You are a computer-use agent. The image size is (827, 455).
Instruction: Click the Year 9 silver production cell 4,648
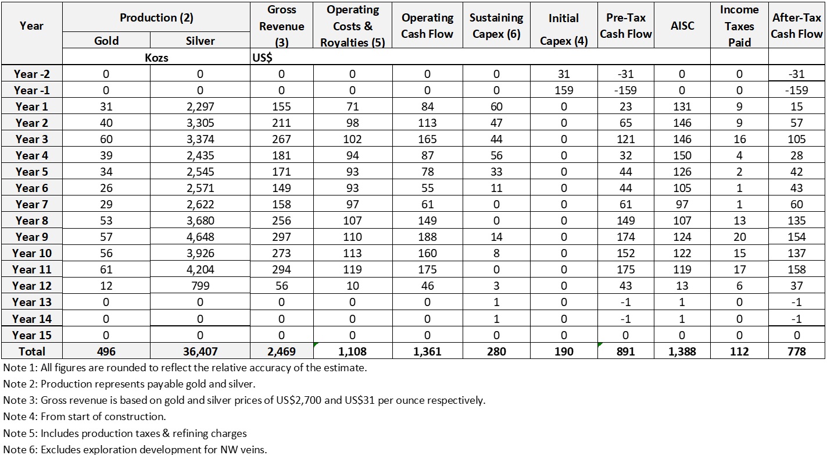tap(200, 237)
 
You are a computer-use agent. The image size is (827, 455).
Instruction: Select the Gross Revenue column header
tap(281, 26)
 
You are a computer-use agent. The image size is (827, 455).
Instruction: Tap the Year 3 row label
tap(31, 139)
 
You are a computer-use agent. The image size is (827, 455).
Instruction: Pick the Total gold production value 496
tap(106, 351)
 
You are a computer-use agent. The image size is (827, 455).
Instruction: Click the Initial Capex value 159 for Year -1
tap(564, 90)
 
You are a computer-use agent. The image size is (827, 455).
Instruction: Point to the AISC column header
tap(682, 26)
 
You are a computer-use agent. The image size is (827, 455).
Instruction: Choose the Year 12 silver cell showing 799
tap(200, 286)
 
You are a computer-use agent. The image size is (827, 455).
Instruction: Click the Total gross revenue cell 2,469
tap(281, 351)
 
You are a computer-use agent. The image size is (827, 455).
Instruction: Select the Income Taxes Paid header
tap(739, 26)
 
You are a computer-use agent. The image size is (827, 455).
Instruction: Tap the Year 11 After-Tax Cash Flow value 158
tap(797, 269)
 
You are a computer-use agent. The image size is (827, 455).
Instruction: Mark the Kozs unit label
tap(156, 58)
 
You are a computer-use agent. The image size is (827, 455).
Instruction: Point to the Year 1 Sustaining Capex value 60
tap(496, 106)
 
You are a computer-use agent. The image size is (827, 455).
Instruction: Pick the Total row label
tap(31, 351)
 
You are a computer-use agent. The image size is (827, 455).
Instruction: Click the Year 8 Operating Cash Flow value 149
tap(427, 221)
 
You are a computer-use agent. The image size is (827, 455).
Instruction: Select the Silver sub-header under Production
tap(200, 41)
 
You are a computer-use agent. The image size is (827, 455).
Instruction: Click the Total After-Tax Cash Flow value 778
tap(797, 351)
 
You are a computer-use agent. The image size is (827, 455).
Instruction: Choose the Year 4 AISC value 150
tap(682, 155)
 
